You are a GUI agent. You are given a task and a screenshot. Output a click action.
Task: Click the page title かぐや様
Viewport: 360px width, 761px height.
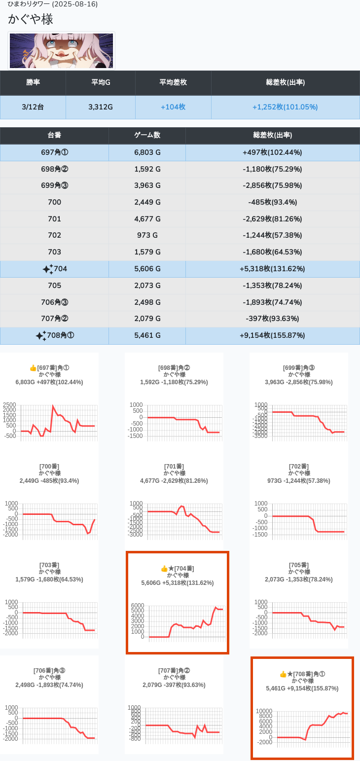[x=31, y=20]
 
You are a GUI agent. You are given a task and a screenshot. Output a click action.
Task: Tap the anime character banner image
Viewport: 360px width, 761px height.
[x=62, y=51]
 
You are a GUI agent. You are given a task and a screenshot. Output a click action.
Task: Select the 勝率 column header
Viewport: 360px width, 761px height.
[x=33, y=83]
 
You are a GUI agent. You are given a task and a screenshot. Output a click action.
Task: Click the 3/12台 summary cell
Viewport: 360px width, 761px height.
[x=33, y=107]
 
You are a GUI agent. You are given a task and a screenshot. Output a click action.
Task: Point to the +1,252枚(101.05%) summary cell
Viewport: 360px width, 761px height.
[x=285, y=107]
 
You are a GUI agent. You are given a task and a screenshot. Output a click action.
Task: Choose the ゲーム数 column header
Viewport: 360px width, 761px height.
[x=147, y=135]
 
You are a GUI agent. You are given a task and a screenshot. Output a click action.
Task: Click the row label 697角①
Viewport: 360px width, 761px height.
[x=54, y=152]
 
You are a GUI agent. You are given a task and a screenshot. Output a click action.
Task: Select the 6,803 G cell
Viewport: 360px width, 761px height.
[x=147, y=152]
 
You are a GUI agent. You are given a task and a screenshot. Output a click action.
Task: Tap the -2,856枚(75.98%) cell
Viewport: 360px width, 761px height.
[x=272, y=186]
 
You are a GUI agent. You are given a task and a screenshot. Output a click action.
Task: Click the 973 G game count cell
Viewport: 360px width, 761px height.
[x=147, y=236]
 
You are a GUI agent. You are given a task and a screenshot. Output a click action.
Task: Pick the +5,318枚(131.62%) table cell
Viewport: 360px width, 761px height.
[x=272, y=269]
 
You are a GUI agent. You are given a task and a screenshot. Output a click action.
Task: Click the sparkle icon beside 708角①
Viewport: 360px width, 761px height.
[x=40, y=336]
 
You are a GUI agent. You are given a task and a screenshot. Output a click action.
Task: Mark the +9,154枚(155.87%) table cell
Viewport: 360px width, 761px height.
[x=272, y=335]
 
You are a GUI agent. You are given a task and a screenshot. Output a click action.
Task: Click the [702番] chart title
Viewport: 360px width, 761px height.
[x=298, y=467]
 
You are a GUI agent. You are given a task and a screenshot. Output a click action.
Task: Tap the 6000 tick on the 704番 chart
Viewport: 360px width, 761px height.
[x=138, y=606]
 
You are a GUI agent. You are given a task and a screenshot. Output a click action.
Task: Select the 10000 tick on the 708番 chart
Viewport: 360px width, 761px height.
[x=264, y=711]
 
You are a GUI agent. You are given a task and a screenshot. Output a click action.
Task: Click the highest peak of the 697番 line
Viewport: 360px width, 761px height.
[x=53, y=406]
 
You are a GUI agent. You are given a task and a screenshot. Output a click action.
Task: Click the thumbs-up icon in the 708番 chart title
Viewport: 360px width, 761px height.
[x=283, y=674]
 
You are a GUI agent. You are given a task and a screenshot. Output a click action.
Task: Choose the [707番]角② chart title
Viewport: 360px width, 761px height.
[x=174, y=671]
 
